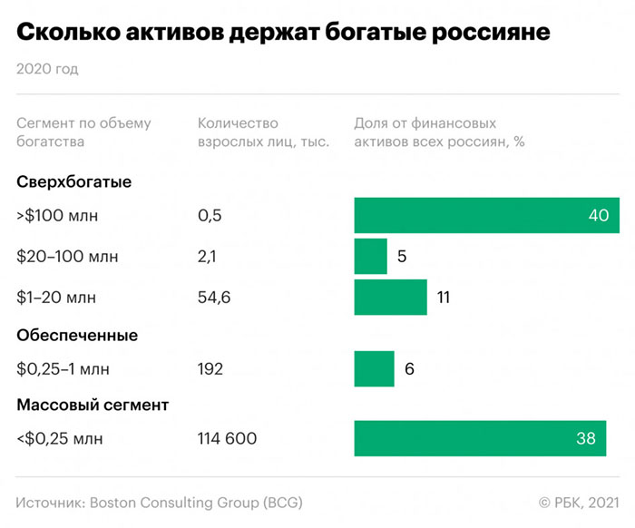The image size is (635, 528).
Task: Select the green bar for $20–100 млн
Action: tap(370, 256)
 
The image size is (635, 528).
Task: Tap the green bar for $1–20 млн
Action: tap(390, 297)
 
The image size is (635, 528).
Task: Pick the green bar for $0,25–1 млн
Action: tap(374, 368)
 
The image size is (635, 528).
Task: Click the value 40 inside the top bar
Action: tap(597, 215)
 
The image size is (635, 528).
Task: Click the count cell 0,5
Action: tap(210, 215)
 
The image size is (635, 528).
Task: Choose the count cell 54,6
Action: tap(214, 297)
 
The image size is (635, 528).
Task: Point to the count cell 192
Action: tap(210, 368)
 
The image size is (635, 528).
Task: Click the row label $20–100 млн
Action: tap(67, 257)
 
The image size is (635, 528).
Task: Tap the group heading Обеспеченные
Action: tap(77, 335)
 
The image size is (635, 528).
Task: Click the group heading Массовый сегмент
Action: tap(93, 405)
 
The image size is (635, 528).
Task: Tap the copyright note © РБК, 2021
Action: tap(579, 502)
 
